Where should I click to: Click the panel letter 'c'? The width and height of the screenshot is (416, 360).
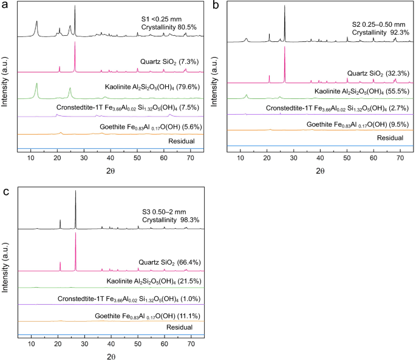pyautogui.click(x=5, y=192)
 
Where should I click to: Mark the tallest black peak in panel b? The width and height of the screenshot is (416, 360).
pyautogui.click(x=284, y=7)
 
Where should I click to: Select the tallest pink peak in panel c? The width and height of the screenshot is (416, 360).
pyautogui.click(x=75, y=234)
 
